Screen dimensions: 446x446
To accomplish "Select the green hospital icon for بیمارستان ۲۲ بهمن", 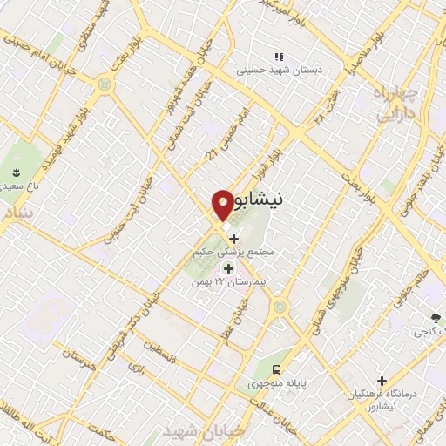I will click(229, 268).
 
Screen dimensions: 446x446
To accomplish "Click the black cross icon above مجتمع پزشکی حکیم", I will click(233, 237).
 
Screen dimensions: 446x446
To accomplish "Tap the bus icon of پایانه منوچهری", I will click(276, 368).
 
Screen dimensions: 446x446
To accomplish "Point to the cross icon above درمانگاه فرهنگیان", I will click(381, 380).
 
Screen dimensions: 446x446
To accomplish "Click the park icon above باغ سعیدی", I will click(15, 170).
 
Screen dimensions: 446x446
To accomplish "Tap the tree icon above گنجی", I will click(434, 317).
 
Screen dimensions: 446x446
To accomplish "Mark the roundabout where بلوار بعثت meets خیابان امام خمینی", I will click(105, 84).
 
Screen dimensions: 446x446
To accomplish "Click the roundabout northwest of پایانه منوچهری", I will click(280, 307).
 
